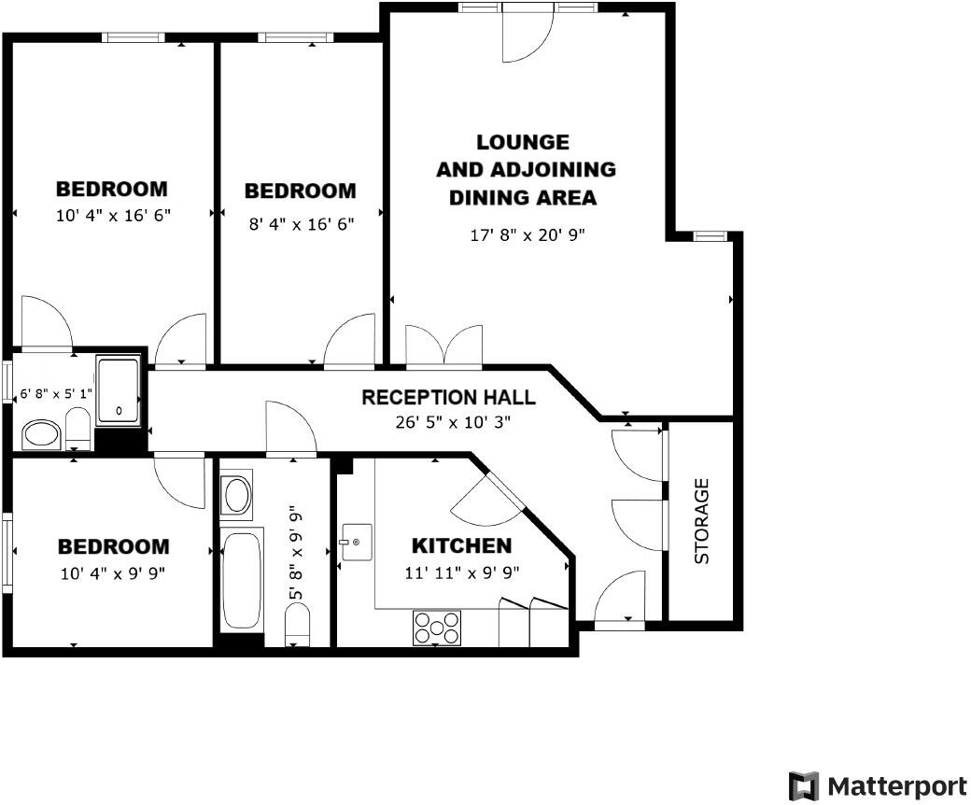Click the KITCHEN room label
461,545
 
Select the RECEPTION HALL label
448,397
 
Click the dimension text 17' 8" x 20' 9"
527,235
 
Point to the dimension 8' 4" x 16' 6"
300,224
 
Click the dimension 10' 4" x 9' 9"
114,573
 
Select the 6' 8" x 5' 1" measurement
56,394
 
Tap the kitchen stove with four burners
437,627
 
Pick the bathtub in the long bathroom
242,579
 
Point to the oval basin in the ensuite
41,433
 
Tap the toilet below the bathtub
297,622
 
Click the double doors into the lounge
443,346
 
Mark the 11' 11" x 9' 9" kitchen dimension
461,573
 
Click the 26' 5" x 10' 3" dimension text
452,421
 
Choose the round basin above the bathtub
237,496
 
